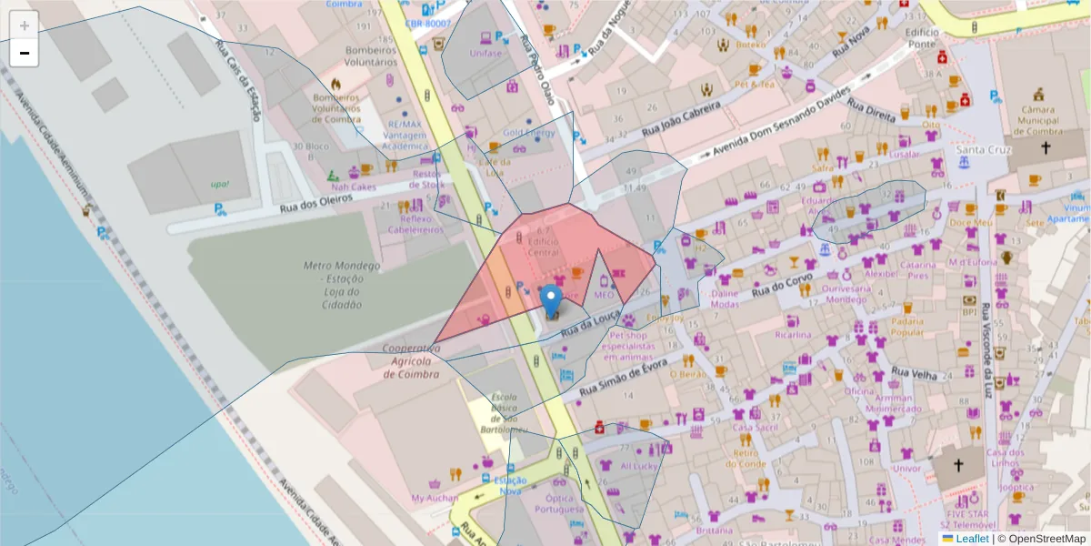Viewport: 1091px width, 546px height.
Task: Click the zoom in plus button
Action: pyautogui.click(x=25, y=25)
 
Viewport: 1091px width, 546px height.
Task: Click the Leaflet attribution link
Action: pyautogui.click(x=971, y=539)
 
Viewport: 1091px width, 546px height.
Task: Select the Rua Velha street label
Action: pyautogui.click(x=914, y=373)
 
